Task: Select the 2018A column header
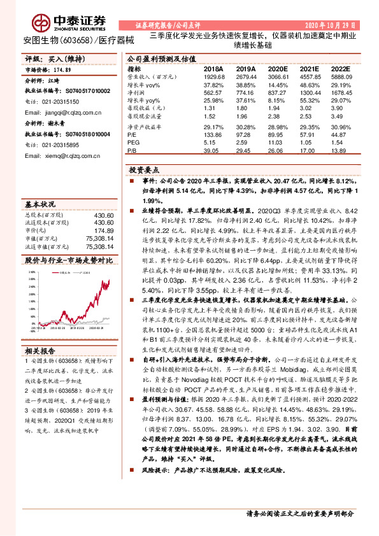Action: point(213,68)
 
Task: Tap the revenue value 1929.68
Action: point(213,76)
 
